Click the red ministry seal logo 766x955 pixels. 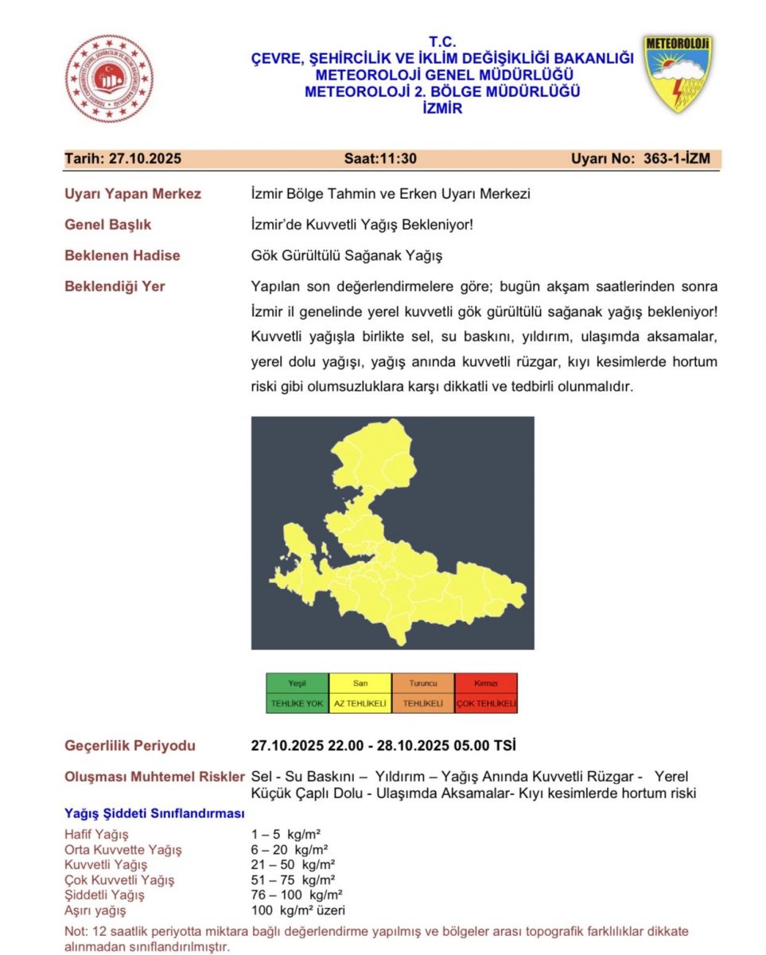point(109,78)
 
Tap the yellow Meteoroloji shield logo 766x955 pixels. point(678,72)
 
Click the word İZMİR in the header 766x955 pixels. point(442,109)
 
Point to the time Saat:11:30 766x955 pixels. point(380,158)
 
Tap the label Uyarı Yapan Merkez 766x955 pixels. point(133,193)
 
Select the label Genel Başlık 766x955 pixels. point(108,224)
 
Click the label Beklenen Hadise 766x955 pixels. point(122,255)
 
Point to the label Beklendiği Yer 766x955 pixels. point(115,286)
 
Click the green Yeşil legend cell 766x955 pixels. point(297,684)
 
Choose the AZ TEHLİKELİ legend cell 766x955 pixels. point(360,704)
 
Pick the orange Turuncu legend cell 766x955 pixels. point(422,684)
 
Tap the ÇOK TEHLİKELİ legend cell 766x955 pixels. point(485,704)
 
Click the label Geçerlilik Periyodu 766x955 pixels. point(130,746)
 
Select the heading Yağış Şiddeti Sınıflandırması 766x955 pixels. point(154,813)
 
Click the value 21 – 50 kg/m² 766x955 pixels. point(293,864)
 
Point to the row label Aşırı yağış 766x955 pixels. point(95,910)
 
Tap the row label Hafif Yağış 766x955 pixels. point(96,834)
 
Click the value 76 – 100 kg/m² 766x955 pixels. point(297,895)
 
